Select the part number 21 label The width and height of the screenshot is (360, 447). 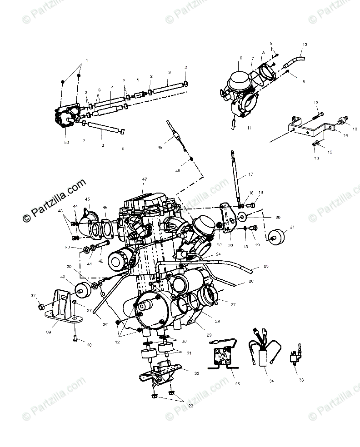292,227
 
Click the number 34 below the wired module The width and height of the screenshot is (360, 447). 271,380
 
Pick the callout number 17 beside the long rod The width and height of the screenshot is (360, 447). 250,174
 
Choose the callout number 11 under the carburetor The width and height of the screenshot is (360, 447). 249,128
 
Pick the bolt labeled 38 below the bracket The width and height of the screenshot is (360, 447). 76,338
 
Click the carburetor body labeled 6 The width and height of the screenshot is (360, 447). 240,83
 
